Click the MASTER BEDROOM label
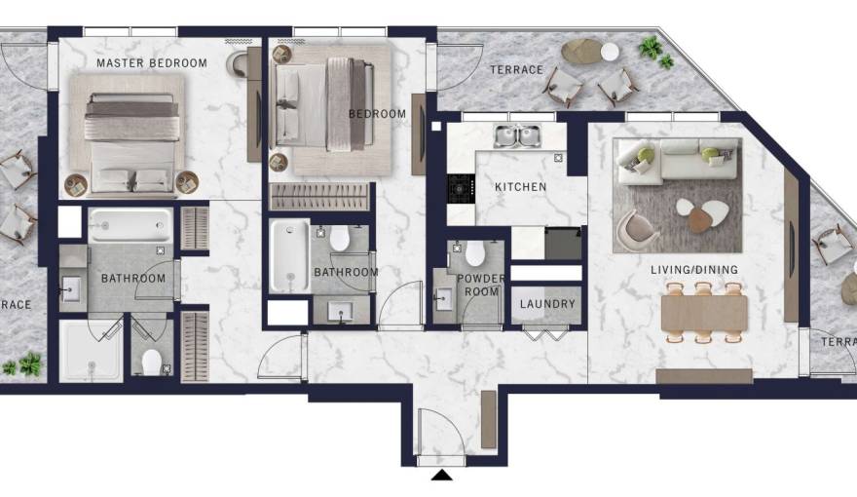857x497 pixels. click(151, 63)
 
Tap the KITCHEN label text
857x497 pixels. click(520, 187)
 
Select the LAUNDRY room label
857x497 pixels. click(547, 304)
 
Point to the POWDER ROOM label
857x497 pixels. click(482, 285)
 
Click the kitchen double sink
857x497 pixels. click(517, 136)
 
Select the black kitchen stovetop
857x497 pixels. click(460, 188)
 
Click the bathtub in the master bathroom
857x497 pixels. click(130, 226)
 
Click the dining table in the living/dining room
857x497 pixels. click(703, 313)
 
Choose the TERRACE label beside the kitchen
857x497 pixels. click(516, 70)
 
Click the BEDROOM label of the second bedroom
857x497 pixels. click(377, 114)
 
